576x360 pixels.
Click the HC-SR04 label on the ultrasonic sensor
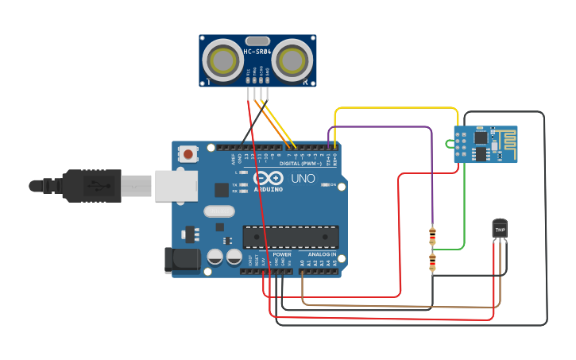[x=257, y=52]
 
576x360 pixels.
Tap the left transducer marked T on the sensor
[x=222, y=60]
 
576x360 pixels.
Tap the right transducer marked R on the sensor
[x=293, y=60]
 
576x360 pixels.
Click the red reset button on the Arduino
[x=187, y=153]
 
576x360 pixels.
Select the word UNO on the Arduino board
[x=303, y=180]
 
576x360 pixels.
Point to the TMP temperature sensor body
[x=500, y=229]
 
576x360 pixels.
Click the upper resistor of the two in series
[x=432, y=237]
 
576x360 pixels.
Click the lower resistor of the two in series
[x=432, y=262]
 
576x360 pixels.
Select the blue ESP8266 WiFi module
[x=485, y=144]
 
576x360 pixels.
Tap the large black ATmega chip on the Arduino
[x=291, y=237]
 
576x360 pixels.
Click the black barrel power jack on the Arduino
[x=178, y=261]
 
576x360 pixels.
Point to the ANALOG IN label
[x=323, y=254]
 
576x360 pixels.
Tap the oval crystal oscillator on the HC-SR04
[x=257, y=41]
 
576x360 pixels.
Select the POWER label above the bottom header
[x=282, y=254]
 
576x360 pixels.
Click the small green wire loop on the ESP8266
[x=450, y=144]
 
